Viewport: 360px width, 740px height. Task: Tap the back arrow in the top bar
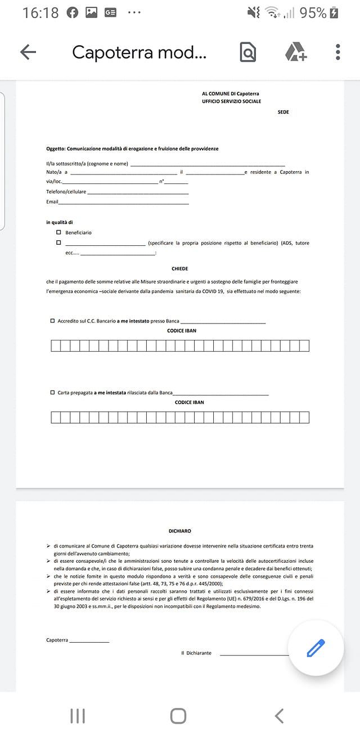28,52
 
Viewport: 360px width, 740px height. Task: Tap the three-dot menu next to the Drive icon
337,52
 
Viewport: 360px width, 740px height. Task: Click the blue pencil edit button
316,648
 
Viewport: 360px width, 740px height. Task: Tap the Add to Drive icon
295,52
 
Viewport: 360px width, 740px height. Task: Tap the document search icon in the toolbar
247,52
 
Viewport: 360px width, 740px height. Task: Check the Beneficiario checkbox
58,232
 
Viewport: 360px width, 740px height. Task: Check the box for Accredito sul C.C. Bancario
52,321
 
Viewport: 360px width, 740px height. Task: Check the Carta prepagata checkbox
52,392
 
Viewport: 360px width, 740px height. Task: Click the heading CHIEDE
180,269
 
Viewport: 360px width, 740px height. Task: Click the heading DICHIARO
180,531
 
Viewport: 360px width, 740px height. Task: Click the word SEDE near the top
283,112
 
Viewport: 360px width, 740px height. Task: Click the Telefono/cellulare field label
66,192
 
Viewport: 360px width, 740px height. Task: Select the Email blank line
124,202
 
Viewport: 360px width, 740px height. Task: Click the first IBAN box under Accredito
55,346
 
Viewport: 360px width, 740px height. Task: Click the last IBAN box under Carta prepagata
304,417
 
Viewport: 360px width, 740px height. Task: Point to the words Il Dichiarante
196,653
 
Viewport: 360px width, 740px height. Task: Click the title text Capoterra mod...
139,52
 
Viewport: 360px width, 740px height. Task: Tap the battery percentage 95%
313,12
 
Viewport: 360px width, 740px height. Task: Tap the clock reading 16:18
40,12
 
